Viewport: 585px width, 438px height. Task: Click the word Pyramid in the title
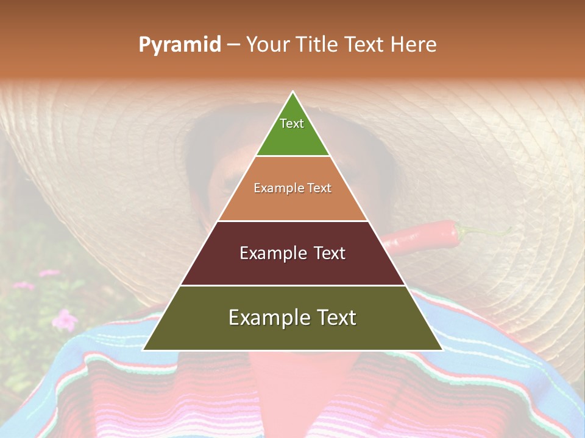(180, 44)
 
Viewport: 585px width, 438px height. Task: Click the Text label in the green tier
(292, 123)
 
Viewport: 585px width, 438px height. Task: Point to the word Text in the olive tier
(336, 318)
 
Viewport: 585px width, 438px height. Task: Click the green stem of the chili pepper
(481, 231)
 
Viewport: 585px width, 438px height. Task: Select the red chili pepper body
(427, 237)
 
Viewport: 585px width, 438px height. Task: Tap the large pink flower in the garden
(63, 318)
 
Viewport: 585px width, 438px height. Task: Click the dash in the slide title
(233, 45)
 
